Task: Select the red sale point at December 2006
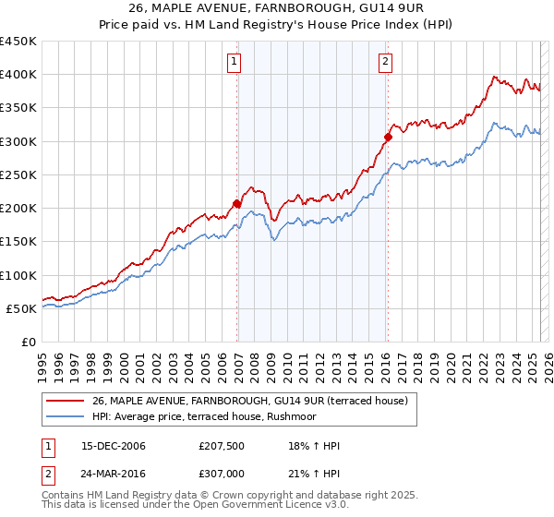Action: pyautogui.click(x=237, y=203)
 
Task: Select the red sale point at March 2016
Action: pyautogui.click(x=388, y=137)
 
